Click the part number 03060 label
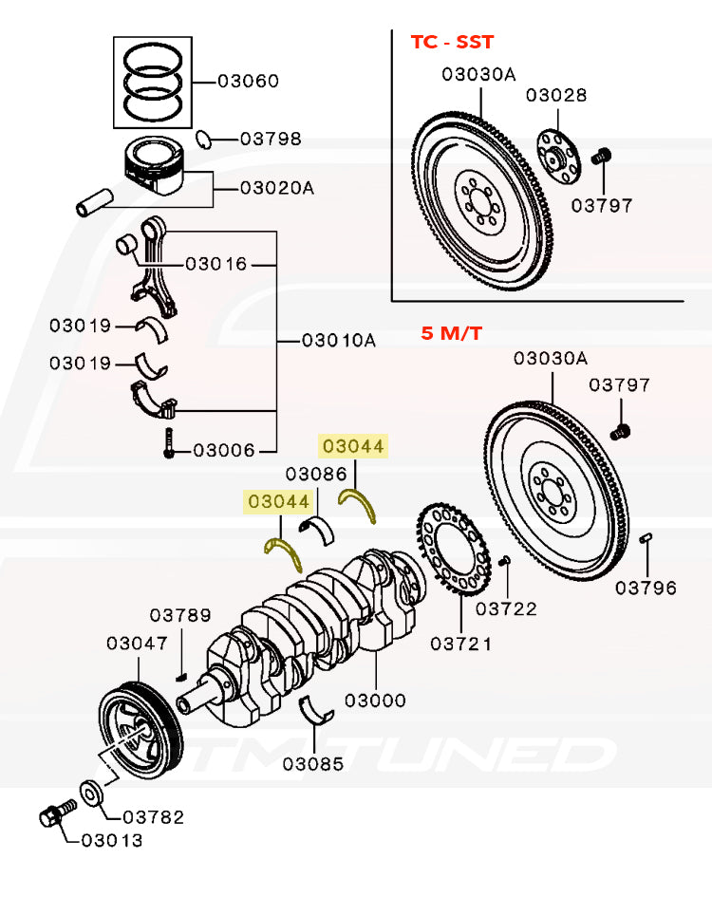pyautogui.click(x=248, y=81)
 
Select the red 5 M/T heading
pyautogui.click(x=452, y=334)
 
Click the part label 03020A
pyautogui.click(x=276, y=188)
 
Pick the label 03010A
pyautogui.click(x=338, y=339)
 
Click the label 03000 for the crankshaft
pyautogui.click(x=375, y=701)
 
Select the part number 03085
pyautogui.click(x=312, y=762)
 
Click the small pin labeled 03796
pyautogui.click(x=646, y=539)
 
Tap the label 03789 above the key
pyautogui.click(x=180, y=616)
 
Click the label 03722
pyautogui.click(x=506, y=608)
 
